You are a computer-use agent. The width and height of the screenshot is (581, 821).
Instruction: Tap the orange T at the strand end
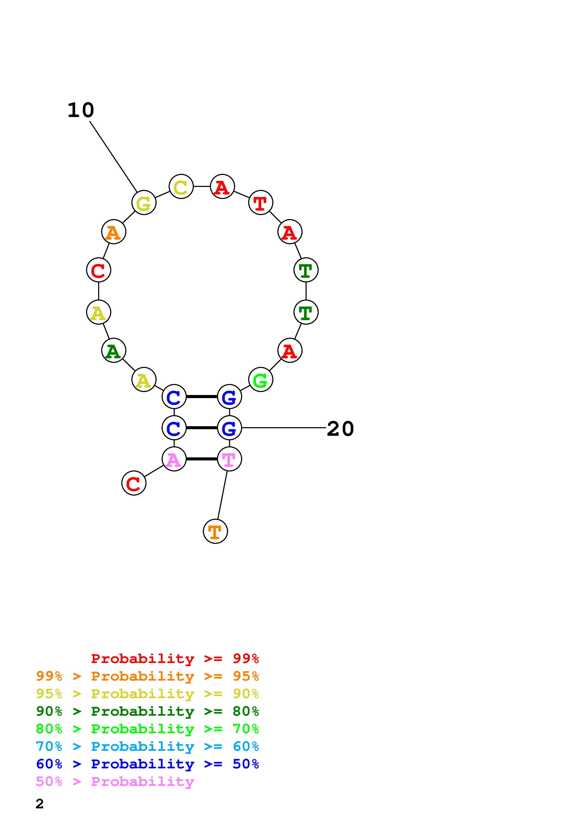pyautogui.click(x=215, y=531)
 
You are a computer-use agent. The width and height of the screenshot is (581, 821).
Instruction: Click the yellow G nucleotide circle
pyautogui.click(x=144, y=203)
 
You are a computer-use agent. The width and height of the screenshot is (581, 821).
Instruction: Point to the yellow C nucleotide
pyautogui.click(x=181, y=186)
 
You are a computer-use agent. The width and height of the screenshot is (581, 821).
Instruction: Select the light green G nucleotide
pyautogui.click(x=261, y=379)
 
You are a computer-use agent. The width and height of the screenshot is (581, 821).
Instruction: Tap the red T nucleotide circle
pyautogui.click(x=261, y=203)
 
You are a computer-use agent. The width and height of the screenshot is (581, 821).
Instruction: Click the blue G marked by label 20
pyautogui.click(x=229, y=428)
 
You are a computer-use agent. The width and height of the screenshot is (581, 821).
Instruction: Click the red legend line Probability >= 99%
pyautogui.click(x=175, y=659)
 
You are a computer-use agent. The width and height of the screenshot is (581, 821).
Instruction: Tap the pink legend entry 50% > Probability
pyautogui.click(x=115, y=782)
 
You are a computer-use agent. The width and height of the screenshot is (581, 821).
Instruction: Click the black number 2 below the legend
pyautogui.click(x=40, y=804)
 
